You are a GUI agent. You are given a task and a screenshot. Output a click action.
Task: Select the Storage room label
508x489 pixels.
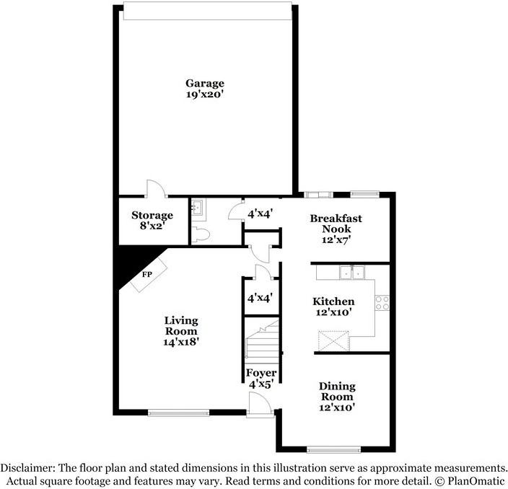pos(152,215)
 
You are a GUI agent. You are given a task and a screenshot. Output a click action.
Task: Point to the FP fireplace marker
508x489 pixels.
pos(146,275)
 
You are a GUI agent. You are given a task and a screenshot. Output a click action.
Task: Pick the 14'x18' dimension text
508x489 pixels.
pos(180,343)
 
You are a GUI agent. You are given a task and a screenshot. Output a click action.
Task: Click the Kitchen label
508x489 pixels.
pos(333,301)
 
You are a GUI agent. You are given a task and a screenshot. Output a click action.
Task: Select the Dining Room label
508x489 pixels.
pos(337,392)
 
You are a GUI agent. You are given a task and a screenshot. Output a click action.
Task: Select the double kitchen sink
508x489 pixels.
pos(351,272)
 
